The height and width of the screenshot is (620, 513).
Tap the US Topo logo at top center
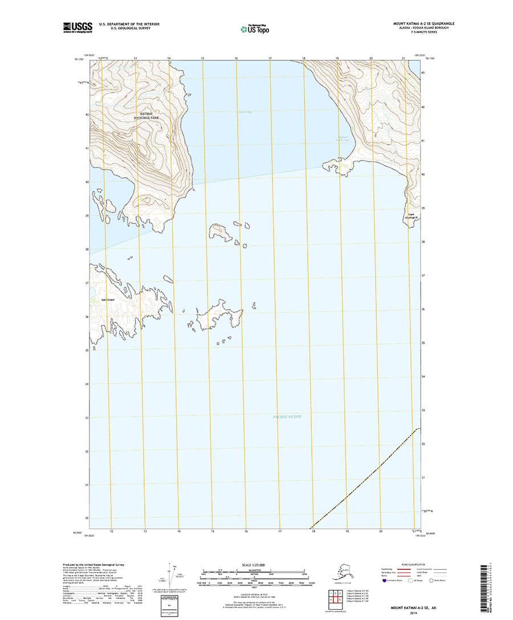[x=254, y=28]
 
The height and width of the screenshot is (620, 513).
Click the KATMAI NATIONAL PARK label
[x=146, y=115]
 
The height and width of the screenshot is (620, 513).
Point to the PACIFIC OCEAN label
[x=286, y=417]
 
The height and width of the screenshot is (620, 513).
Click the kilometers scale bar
[x=254, y=570]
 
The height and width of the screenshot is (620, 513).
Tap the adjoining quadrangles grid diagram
[x=333, y=597]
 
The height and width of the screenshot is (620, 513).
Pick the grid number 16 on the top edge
[x=236, y=59]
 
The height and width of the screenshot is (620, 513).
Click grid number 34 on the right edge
[x=423, y=377]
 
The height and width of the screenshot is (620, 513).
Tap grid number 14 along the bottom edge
[x=179, y=532]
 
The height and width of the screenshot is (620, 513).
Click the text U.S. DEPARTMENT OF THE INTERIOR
[x=129, y=24]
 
